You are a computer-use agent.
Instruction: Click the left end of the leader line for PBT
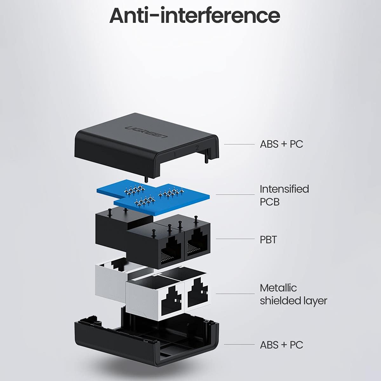[x=216, y=239]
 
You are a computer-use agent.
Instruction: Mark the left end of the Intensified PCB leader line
[x=216, y=195]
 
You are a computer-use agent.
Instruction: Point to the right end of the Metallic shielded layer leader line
[x=255, y=294]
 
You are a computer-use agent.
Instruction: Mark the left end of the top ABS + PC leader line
[x=224, y=144]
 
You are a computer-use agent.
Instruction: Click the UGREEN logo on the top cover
[x=146, y=132]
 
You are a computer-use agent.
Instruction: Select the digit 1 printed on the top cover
[x=175, y=154]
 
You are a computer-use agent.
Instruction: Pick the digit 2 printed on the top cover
[x=197, y=148]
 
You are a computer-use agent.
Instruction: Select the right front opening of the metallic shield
[x=197, y=295]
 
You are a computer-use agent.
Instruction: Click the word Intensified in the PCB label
[x=284, y=189]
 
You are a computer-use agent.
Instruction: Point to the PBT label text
[x=268, y=239]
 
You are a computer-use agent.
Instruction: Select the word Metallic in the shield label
[x=278, y=288]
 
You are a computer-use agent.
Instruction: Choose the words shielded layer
[x=293, y=301]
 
